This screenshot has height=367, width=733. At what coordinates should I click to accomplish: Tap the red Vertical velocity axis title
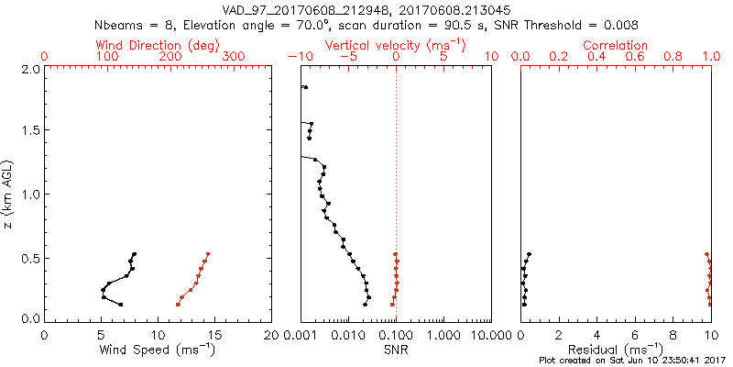tap(395, 45)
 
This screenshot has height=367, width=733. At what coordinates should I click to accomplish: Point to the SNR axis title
tap(396, 350)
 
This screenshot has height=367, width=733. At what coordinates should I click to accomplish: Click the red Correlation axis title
tap(616, 45)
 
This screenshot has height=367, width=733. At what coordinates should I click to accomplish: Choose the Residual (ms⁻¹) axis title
tap(616, 350)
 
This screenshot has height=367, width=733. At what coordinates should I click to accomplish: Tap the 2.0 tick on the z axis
tap(28, 69)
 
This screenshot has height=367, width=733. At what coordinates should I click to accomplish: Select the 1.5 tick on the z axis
tap(28, 131)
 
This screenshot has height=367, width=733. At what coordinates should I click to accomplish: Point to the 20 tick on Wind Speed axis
tap(270, 334)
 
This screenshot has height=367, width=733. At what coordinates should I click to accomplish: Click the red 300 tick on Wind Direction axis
tap(234, 57)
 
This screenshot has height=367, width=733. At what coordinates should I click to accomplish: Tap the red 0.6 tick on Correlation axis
tap(635, 57)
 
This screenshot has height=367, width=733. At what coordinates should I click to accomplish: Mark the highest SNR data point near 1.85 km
tap(306, 87)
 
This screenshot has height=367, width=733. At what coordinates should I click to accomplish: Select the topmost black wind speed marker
tap(135, 254)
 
